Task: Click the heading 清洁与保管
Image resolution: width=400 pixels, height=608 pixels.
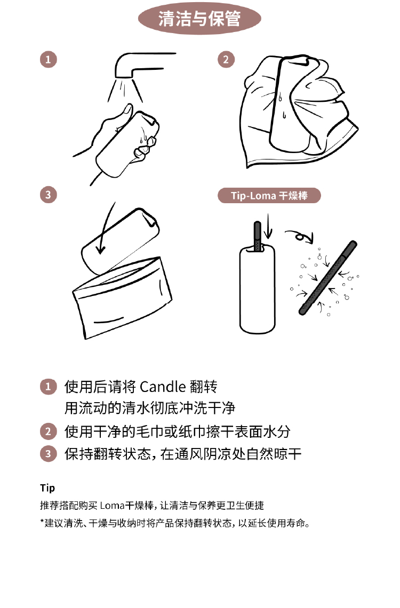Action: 199,19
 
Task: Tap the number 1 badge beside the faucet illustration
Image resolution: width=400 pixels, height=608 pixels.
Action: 49,60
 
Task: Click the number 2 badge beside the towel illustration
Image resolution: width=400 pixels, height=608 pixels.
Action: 226,60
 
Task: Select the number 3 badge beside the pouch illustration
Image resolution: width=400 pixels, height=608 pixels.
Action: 49,195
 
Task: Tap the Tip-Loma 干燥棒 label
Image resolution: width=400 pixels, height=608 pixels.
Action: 269,195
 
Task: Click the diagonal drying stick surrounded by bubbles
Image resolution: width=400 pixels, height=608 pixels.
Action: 328,278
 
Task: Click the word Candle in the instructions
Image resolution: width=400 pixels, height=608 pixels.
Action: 163,387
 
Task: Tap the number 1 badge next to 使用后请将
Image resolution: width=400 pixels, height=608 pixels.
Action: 49,387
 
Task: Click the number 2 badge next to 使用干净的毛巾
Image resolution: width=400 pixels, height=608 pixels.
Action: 49,431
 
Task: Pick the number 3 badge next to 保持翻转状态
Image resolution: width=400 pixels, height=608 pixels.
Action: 49,453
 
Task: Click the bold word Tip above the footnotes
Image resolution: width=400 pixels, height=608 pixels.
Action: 47,488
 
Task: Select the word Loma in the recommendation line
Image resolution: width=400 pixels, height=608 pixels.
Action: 112,506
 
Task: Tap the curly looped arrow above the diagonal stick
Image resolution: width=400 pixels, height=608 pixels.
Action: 299,236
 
